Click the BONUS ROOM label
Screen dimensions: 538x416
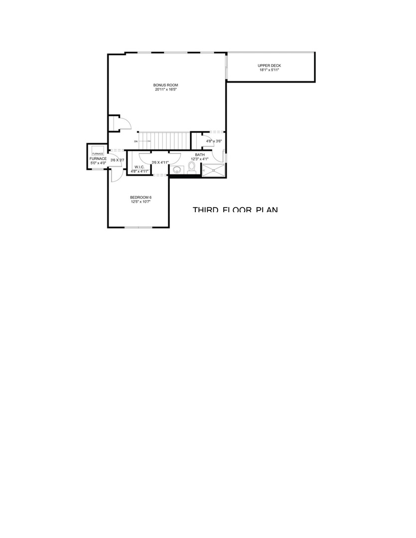tap(165, 85)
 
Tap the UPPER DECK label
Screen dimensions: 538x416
tap(270, 66)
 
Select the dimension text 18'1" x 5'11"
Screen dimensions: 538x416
tap(270, 70)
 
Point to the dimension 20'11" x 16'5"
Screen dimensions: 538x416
tap(165, 90)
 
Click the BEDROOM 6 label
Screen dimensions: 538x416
tap(140, 197)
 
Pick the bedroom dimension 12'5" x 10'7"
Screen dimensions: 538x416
tap(140, 202)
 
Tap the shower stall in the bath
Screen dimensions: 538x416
tap(214, 170)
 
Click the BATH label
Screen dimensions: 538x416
tap(199, 155)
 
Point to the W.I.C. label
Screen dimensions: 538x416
tap(139, 167)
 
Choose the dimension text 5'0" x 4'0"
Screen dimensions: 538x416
tap(98, 163)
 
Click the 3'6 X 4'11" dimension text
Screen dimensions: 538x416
tap(160, 162)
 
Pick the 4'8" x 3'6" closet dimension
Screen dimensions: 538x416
tap(213, 141)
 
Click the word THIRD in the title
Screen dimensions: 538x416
tap(205, 210)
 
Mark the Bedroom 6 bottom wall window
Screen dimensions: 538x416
tap(139, 228)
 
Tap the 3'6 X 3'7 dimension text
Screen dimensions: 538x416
tap(117, 160)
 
